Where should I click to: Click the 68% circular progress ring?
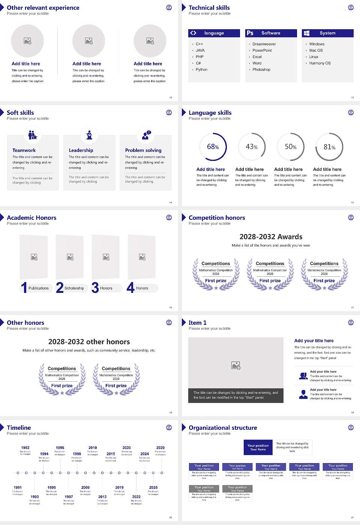[213, 147]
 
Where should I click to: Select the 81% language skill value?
[329, 147]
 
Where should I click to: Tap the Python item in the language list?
[201, 69]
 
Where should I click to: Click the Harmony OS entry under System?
[320, 63]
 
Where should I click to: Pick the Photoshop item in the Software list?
[261, 69]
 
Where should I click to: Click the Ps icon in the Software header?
[250, 33]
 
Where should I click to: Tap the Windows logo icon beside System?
[306, 33]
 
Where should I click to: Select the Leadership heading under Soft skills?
[81, 150]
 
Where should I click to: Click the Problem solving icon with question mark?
[146, 135]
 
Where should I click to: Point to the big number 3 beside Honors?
[95, 288]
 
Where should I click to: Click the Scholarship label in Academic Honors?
[74, 288]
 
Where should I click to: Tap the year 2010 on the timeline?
[93, 447]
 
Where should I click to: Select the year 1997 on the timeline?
[69, 496]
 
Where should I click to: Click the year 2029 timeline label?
[160, 447]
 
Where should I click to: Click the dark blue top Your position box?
[258, 447]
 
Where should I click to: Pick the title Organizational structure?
[223, 427]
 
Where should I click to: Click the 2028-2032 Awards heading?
[271, 237]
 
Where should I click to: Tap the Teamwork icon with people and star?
[33, 135]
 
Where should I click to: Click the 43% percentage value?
[252, 147]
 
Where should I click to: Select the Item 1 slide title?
[197, 322]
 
